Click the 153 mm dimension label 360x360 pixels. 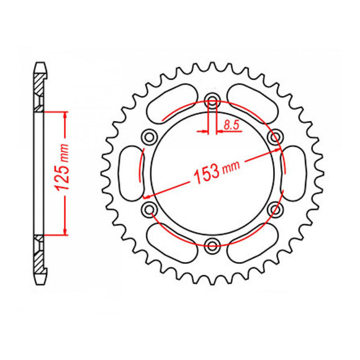(217, 172)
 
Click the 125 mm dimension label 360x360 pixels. (62, 168)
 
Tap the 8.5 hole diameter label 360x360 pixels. (232, 125)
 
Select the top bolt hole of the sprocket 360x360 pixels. (212, 100)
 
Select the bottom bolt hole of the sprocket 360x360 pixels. (212, 246)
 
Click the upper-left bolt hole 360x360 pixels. (149, 137)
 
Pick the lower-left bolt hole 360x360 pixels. (149, 209)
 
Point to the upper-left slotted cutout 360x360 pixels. (172, 104)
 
